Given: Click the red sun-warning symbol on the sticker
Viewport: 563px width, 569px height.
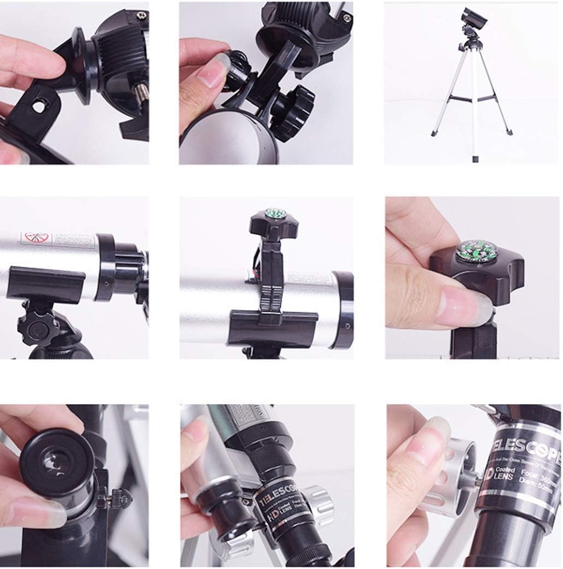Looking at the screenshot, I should pos(37,238).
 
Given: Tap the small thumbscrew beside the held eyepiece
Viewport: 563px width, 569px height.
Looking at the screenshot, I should pos(118,497).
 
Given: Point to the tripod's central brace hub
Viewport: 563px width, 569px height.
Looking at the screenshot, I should pos(473,99).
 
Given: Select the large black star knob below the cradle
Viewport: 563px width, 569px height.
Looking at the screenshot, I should pos(292,112).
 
